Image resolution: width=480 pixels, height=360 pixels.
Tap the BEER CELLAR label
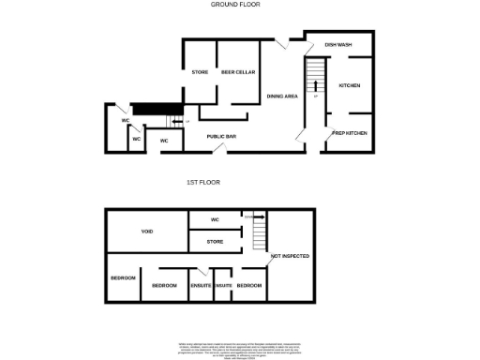(238, 72)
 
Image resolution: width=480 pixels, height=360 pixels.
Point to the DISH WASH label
(338, 45)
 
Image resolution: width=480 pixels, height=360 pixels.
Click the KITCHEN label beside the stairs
(350, 85)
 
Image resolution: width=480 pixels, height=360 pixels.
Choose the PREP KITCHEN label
(350, 133)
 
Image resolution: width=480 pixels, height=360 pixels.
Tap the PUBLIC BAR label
(222, 137)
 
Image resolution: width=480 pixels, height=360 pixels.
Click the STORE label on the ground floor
(200, 72)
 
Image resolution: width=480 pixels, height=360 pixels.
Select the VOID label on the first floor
(147, 231)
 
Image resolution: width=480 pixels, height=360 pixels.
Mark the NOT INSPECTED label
(290, 256)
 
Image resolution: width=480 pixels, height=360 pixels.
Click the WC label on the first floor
(215, 220)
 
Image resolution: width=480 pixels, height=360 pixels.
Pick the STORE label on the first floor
(215, 242)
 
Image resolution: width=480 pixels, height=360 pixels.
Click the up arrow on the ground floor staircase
(316, 90)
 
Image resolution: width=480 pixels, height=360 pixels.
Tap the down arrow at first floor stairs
(257, 216)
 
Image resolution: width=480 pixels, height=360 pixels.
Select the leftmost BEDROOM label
(124, 278)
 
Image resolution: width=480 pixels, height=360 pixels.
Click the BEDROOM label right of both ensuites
(248, 285)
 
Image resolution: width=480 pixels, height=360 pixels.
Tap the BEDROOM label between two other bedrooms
(165, 285)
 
